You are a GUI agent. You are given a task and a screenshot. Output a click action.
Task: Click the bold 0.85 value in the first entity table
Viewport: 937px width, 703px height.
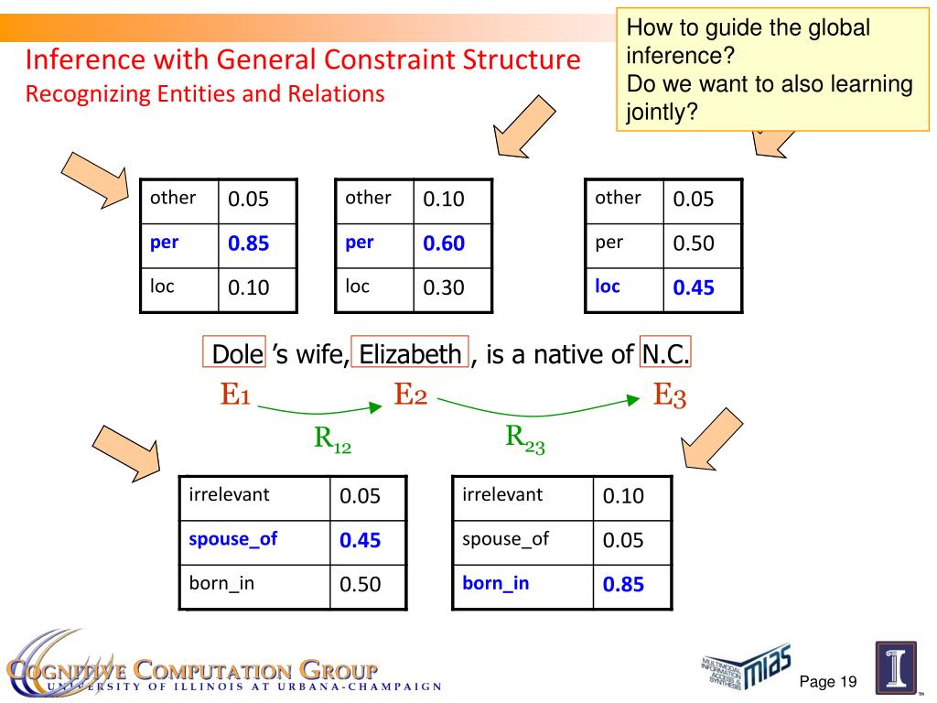(x=248, y=244)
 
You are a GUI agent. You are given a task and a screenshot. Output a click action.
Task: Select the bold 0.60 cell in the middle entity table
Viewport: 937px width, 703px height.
(x=444, y=244)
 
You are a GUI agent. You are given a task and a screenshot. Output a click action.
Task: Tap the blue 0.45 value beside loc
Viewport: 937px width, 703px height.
(x=694, y=288)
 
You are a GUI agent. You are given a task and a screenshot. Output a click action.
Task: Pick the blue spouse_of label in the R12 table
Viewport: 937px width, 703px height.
(x=232, y=539)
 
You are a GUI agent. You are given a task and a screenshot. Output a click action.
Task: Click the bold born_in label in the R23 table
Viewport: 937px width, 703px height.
(x=495, y=584)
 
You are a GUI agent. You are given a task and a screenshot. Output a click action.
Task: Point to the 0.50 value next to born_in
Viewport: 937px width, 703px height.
(x=360, y=585)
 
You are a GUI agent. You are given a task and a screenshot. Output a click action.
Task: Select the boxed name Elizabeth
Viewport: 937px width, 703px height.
(x=410, y=353)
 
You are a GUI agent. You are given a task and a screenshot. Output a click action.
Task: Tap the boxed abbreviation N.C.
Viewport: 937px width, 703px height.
(x=665, y=353)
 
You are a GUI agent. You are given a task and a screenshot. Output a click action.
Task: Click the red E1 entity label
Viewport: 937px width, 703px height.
(x=235, y=395)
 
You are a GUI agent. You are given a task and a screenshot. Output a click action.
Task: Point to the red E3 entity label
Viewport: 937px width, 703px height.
(x=670, y=395)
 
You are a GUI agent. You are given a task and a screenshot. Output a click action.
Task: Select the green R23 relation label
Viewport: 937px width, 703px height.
(x=525, y=438)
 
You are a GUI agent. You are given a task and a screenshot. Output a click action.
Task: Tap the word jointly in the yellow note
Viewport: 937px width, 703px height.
(x=656, y=114)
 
